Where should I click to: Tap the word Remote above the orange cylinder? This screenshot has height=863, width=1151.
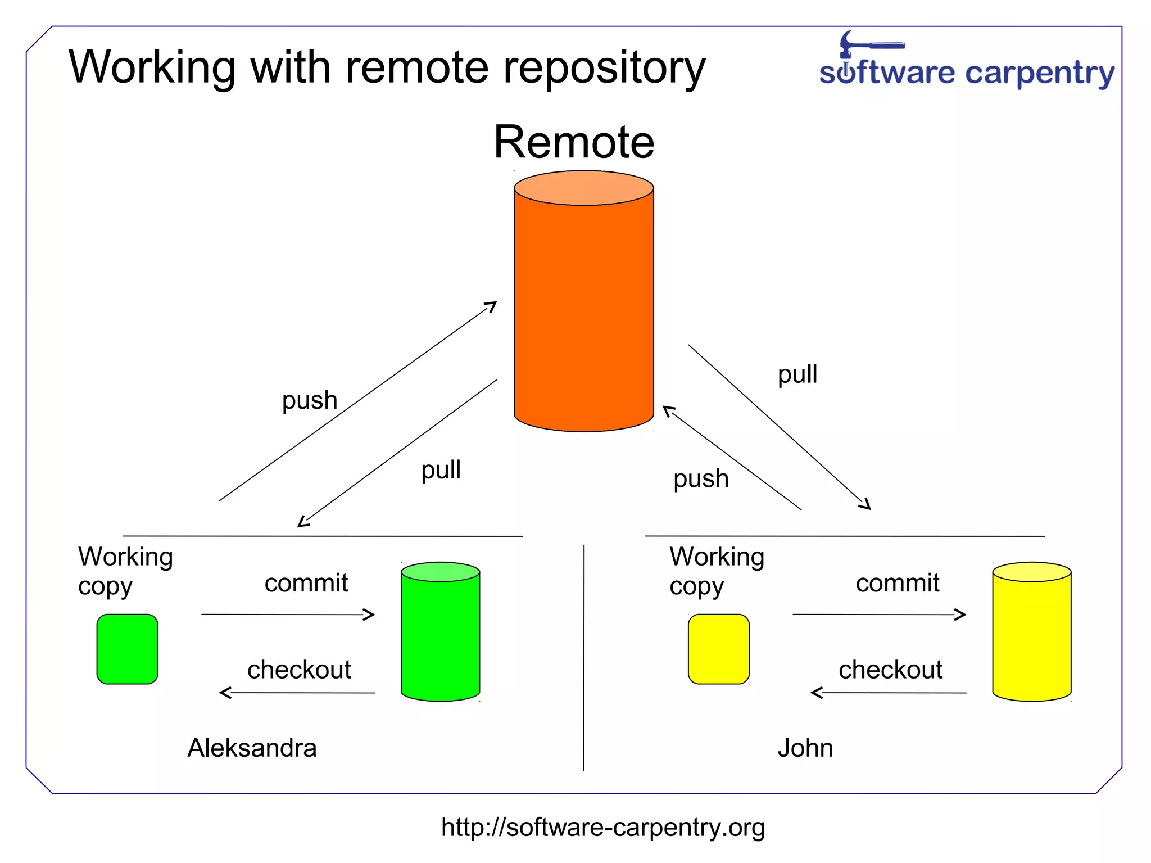click(573, 142)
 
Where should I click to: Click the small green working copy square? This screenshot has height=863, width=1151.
click(127, 649)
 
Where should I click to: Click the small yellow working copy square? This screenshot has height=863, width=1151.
click(718, 649)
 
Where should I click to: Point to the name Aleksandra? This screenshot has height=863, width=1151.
click(252, 748)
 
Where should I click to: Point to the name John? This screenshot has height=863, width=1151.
click(805, 748)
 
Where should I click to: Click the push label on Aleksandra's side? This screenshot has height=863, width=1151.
click(309, 401)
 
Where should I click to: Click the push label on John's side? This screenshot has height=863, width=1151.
click(701, 479)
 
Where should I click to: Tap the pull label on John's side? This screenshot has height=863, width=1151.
click(797, 374)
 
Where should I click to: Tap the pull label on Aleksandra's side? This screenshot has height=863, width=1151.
click(441, 470)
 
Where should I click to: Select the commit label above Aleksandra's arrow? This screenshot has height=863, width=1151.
click(306, 583)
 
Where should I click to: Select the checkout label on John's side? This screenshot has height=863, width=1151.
click(890, 670)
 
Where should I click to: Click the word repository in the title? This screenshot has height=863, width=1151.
click(604, 67)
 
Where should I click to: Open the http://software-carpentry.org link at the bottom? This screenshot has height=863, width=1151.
click(602, 828)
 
